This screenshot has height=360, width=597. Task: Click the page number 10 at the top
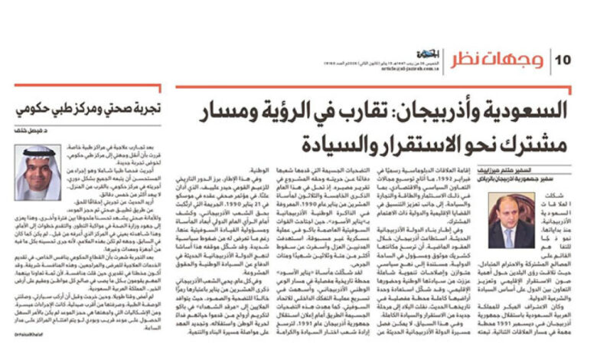pyautogui.click(x=563, y=59)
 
